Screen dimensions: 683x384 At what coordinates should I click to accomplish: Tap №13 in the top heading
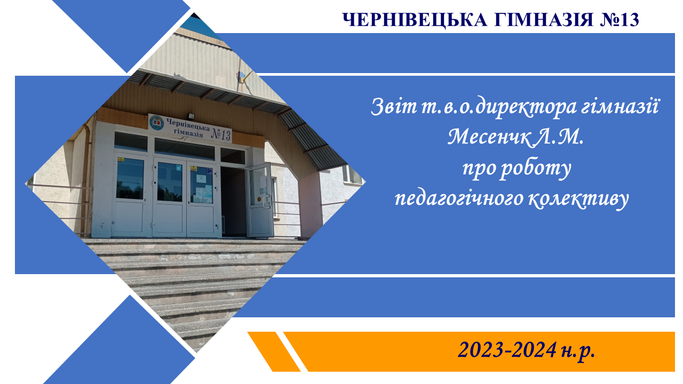coord(620,20)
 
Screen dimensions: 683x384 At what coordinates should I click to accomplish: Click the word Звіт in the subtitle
coord(394,107)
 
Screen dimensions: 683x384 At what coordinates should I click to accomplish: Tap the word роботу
coord(536,169)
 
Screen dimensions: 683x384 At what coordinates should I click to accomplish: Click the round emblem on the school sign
coord(157,123)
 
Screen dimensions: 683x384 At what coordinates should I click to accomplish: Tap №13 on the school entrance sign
coord(221,134)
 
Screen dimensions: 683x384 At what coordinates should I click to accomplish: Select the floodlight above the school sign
coord(191,116)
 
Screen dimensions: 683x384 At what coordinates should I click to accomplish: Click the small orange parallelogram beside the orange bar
coord(274,351)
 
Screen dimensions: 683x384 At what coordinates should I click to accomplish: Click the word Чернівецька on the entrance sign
coord(188,125)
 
